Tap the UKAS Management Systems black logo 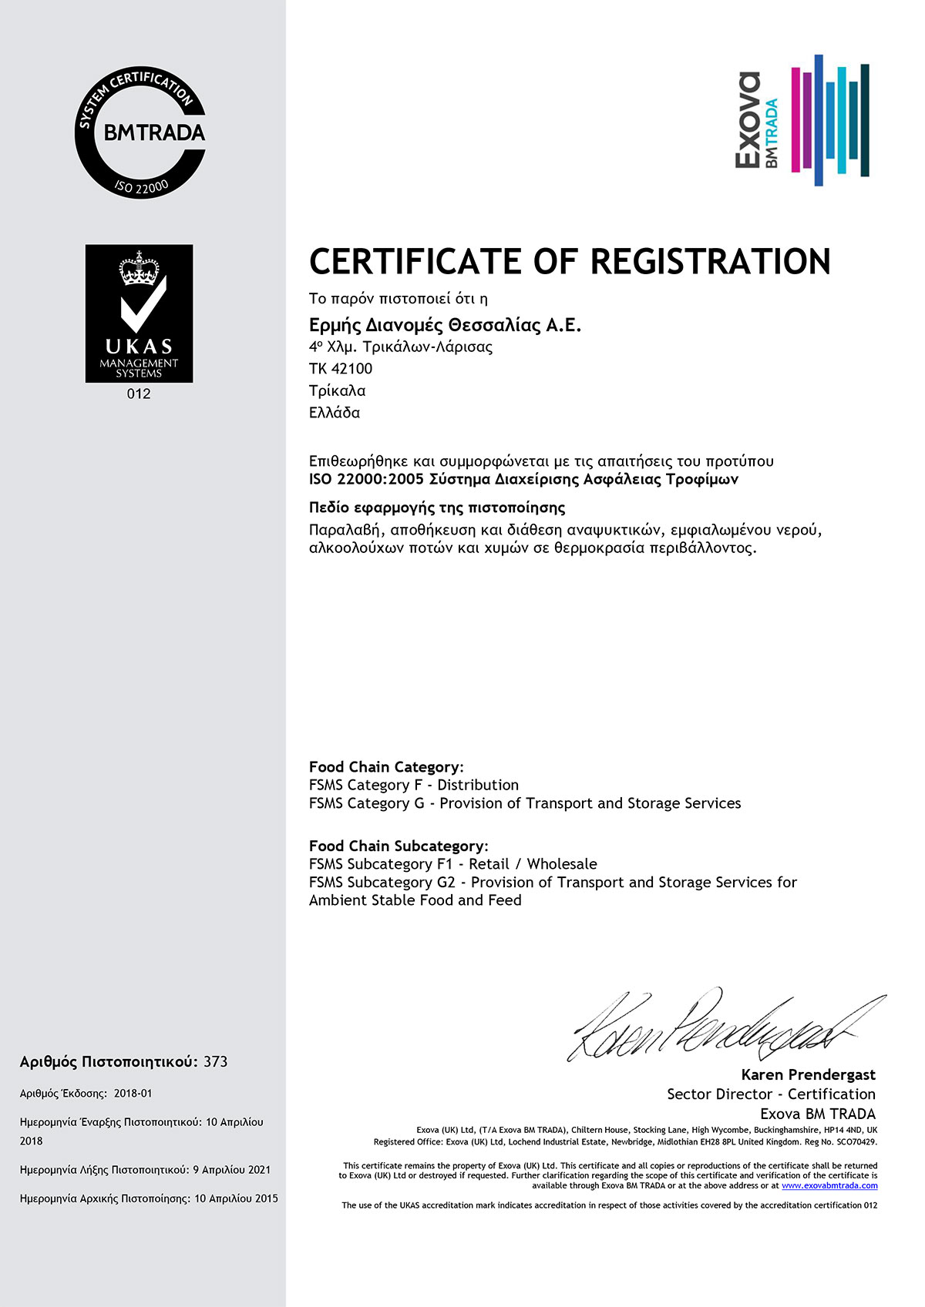click(x=139, y=313)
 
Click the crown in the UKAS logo click(x=139, y=267)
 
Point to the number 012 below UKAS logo click(x=139, y=394)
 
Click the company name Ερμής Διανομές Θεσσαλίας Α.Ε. click(x=445, y=325)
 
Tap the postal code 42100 click(x=351, y=369)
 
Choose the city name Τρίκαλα click(x=337, y=390)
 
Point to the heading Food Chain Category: click(x=386, y=767)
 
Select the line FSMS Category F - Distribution click(x=413, y=785)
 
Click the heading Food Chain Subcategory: click(x=399, y=846)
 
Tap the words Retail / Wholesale click(x=533, y=864)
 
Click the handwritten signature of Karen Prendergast click(x=725, y=1027)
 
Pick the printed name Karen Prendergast click(x=808, y=1074)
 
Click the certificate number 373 click(x=216, y=1062)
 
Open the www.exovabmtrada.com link click(x=829, y=1186)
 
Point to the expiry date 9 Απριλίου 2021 click(x=232, y=1170)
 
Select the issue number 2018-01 click(x=133, y=1094)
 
